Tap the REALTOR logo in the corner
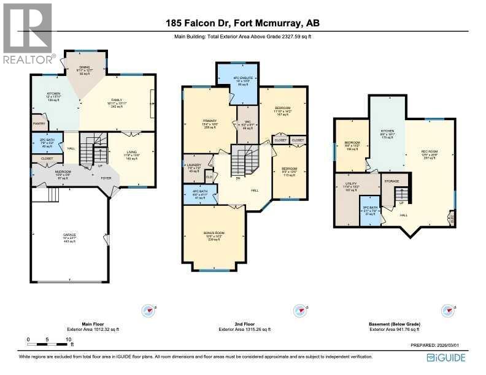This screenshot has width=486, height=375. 28,34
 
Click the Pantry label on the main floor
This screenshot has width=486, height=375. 39,124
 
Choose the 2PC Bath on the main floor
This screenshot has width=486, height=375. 47,144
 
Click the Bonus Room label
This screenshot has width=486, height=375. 214,235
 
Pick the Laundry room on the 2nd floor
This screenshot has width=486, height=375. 193,168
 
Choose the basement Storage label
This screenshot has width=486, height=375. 392,181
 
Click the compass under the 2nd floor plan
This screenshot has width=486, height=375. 300,310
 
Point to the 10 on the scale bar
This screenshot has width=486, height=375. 68,339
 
